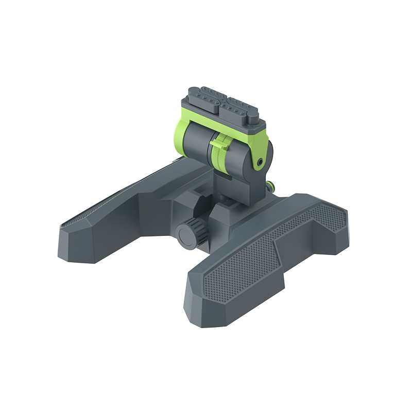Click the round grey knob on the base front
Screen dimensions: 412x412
click(186, 233)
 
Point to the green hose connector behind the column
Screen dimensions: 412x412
click(271, 185)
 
